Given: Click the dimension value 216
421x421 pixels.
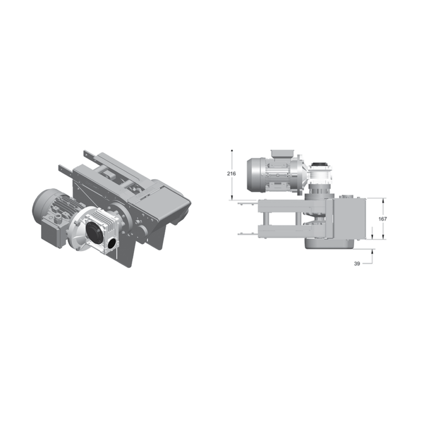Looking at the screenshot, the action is [231, 173].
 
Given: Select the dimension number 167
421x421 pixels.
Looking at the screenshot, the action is [383, 219].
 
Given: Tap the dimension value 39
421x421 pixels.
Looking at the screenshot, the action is [357, 264].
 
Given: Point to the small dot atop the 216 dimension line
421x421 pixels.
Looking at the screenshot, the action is [232, 150].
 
